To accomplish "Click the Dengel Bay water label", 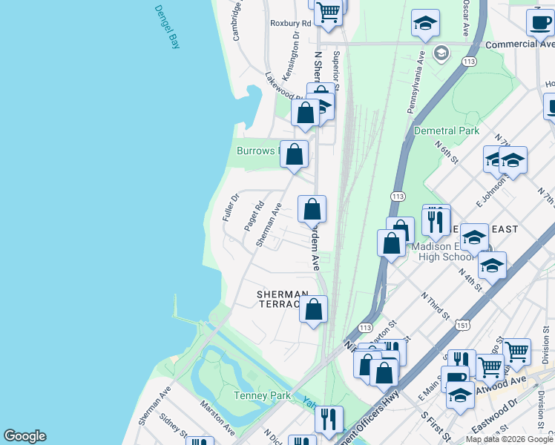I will pyautogui.click(x=167, y=27).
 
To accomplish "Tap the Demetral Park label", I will pyautogui.click(x=447, y=131).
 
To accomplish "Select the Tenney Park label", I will pyautogui.click(x=262, y=395).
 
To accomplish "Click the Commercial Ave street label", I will pyautogui.click(x=519, y=44).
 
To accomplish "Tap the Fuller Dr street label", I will pyautogui.click(x=230, y=208).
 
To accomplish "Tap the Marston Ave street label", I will pyautogui.click(x=217, y=419).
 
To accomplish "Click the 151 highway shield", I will pyautogui.click(x=463, y=325).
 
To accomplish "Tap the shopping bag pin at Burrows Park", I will pyautogui.click(x=295, y=155).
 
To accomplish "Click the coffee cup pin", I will pyautogui.click(x=539, y=22).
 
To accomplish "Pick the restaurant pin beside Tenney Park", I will pyautogui.click(x=329, y=419).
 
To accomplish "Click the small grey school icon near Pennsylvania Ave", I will pyautogui.click(x=441, y=53).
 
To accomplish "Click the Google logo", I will pyautogui.click(x=24, y=436).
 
